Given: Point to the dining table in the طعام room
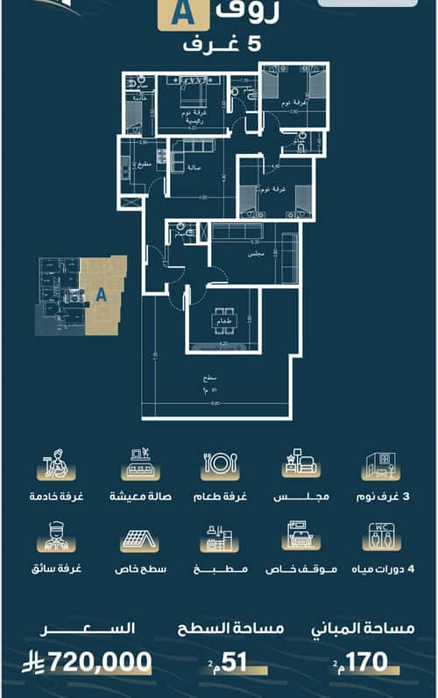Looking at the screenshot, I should coord(223,321).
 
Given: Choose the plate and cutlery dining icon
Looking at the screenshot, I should coord(221,464).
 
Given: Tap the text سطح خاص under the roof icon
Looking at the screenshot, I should coord(138,569).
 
